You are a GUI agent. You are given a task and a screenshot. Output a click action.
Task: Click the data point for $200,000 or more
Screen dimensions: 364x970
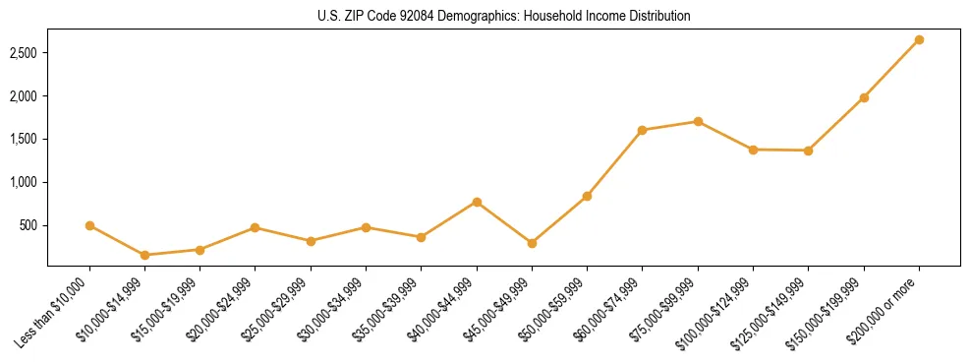(919, 40)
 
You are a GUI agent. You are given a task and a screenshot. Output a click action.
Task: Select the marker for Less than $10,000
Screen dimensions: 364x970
(89, 225)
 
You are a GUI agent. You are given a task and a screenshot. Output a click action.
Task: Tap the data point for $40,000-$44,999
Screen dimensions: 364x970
(477, 202)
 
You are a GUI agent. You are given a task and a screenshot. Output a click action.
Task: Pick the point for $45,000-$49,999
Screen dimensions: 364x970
(532, 243)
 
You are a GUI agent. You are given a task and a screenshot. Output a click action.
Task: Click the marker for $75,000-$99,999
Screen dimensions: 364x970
(698, 122)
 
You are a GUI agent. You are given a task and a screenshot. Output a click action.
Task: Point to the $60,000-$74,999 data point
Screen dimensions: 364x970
(642, 130)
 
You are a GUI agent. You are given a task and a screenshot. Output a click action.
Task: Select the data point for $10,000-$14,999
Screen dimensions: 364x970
(145, 255)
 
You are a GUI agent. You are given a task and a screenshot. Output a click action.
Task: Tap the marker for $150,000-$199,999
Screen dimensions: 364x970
(864, 97)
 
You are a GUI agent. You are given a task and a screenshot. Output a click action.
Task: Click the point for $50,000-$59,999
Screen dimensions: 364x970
(587, 196)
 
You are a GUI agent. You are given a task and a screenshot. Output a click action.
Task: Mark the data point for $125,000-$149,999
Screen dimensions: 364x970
(808, 151)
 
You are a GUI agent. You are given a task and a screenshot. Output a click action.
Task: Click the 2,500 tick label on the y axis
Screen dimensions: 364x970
(24, 53)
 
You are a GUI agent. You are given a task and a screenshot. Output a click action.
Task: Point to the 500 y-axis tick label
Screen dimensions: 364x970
(29, 225)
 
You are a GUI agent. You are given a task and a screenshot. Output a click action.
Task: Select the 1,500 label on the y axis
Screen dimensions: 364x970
(24, 140)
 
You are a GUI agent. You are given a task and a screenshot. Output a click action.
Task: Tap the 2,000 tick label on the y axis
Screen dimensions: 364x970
(24, 96)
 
